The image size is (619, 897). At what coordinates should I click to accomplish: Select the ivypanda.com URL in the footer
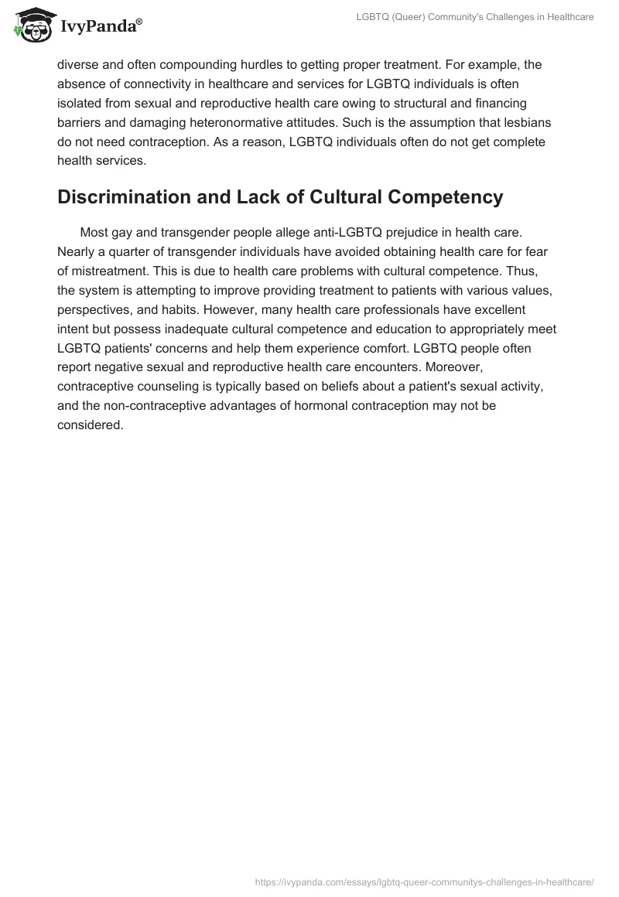click(424, 881)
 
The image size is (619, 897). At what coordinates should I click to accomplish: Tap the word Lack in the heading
click(271, 197)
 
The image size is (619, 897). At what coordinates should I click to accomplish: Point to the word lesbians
click(525, 122)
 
